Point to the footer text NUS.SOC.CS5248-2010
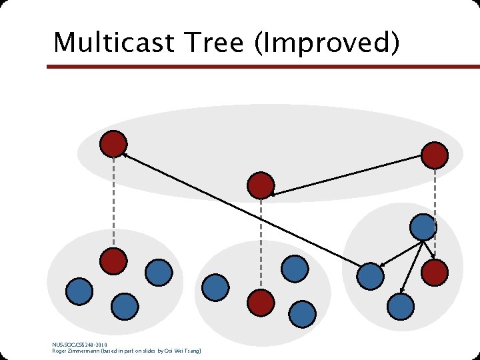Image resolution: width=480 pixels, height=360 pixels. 79,344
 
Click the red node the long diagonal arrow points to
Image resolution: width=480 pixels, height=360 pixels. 113,143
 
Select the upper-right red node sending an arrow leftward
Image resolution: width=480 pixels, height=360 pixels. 435,155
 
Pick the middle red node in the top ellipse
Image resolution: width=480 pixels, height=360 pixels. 261,185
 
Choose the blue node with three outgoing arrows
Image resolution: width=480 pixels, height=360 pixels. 423,227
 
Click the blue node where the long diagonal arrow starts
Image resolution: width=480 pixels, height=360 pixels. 370,275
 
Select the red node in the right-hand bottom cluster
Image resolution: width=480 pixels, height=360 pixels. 435,271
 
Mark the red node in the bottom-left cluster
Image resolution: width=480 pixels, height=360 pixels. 113,261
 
